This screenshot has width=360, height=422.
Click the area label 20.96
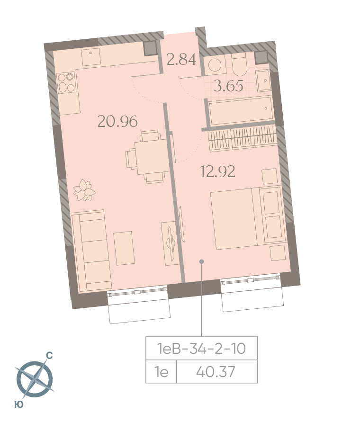117,121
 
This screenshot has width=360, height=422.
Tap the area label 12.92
217,171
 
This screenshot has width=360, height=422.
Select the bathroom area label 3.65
228,86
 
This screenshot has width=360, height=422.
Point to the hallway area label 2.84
181,60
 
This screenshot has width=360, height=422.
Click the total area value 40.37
216,372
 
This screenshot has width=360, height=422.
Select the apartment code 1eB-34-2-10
201,349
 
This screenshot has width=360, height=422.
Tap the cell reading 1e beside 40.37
161,372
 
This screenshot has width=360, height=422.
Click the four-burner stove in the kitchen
66,82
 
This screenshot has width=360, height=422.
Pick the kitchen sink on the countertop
91,56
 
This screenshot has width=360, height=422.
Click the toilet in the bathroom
239,64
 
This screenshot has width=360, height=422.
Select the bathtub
241,111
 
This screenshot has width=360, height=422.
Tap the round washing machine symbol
215,65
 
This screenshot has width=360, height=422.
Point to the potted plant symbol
84,190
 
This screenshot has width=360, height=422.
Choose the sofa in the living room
91,251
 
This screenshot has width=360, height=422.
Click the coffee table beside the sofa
124,248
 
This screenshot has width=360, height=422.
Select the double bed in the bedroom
248,218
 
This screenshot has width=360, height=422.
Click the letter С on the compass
49,356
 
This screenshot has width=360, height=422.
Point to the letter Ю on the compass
18,404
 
